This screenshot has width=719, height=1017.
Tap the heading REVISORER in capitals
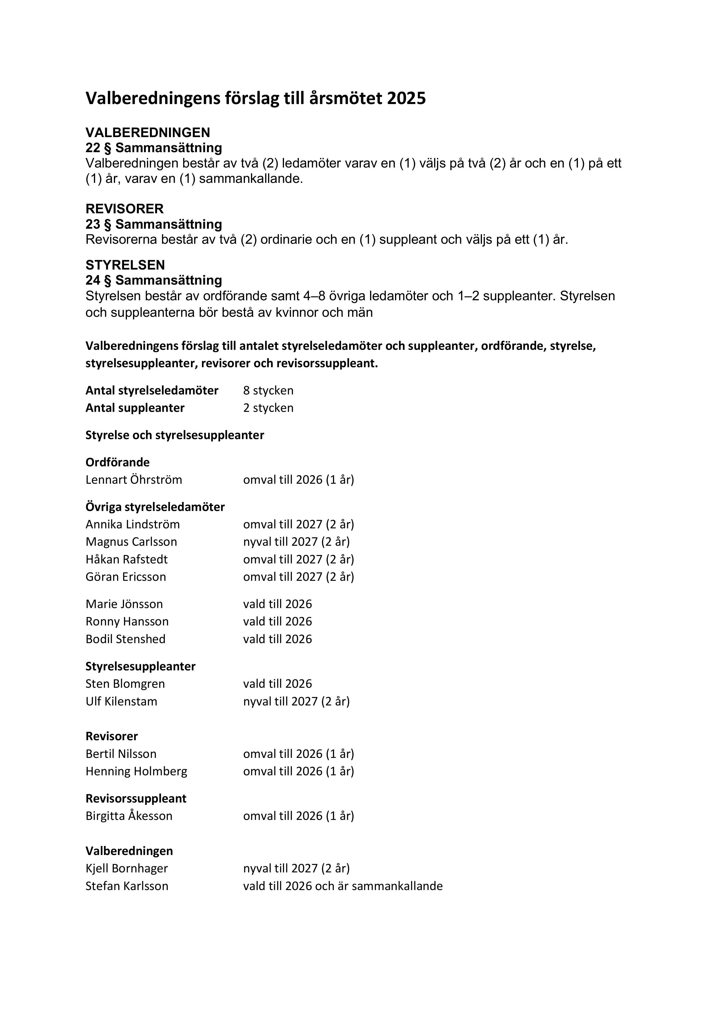tap(125, 209)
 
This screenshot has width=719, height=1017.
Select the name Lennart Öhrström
tap(134, 480)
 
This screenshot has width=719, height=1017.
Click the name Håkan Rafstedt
tap(127, 559)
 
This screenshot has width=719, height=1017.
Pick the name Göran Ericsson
tap(126, 577)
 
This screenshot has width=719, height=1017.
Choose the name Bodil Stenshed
tap(125, 639)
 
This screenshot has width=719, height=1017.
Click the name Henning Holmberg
tap(136, 771)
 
